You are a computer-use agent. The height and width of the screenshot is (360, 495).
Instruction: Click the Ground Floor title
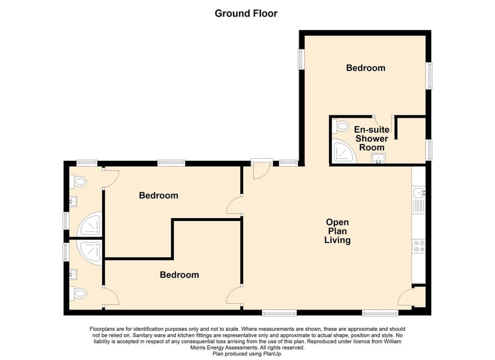[246, 13]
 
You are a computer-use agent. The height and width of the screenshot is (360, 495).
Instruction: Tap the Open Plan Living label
[337, 231]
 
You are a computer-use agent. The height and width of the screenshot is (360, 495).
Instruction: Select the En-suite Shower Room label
[371, 139]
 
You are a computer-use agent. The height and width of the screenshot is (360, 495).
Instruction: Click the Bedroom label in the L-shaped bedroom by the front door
[158, 195]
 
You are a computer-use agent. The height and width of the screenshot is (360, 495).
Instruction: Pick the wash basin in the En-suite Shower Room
[379, 158]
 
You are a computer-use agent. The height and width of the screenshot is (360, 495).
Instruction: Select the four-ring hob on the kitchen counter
[419, 247]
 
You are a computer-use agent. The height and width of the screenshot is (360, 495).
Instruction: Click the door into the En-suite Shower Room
[384, 123]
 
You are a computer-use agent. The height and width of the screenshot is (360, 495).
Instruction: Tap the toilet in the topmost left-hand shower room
[79, 181]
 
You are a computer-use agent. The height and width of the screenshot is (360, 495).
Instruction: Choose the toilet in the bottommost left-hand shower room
[79, 293]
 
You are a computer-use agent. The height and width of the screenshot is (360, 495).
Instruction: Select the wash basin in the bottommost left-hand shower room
[75, 273]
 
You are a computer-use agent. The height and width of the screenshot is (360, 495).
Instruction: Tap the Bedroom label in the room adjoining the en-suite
[366, 68]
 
